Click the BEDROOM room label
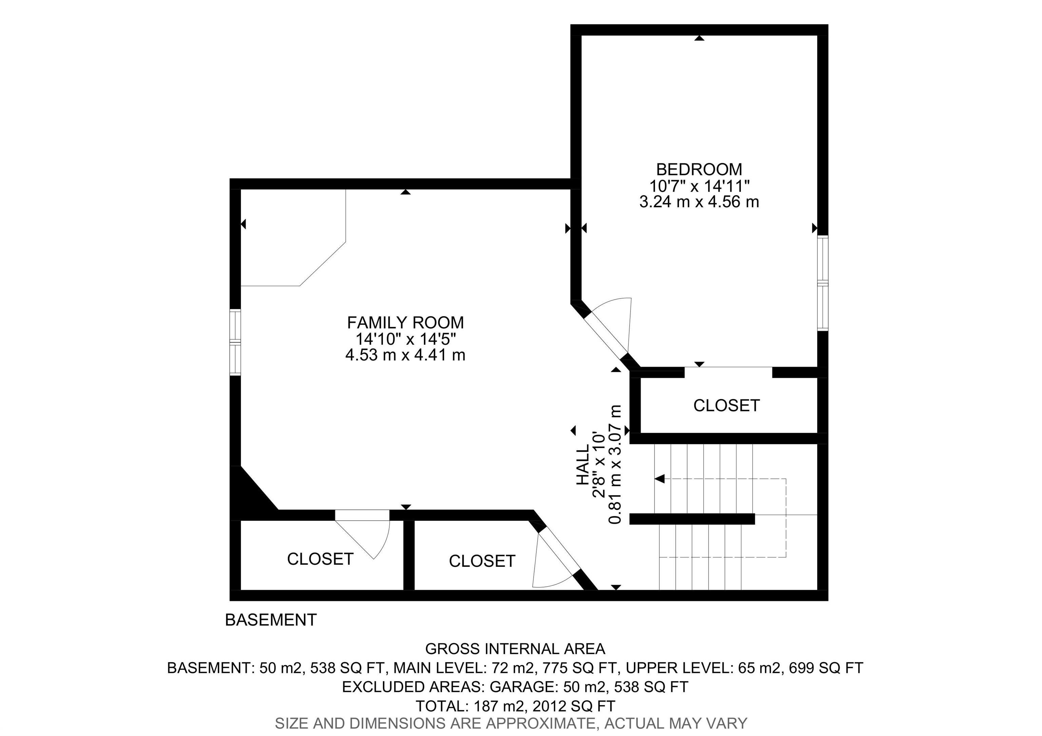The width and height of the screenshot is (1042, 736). [x=699, y=169]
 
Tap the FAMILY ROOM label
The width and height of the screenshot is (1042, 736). [x=406, y=323]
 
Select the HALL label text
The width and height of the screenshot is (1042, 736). [x=583, y=464]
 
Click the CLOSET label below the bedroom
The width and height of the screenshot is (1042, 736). [x=727, y=405]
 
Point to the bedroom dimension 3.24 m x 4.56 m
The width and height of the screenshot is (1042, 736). [x=699, y=201]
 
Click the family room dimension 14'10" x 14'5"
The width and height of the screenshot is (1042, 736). [x=406, y=338]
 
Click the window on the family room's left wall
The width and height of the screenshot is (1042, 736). [x=235, y=342]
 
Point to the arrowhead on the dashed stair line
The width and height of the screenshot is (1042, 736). [x=660, y=478]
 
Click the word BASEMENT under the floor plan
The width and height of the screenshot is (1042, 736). [x=271, y=620]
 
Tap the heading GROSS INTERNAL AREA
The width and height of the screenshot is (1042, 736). [x=515, y=649]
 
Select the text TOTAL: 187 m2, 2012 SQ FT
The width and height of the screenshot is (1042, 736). [x=515, y=706]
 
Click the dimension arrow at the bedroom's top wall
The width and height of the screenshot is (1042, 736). [x=699, y=38]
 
